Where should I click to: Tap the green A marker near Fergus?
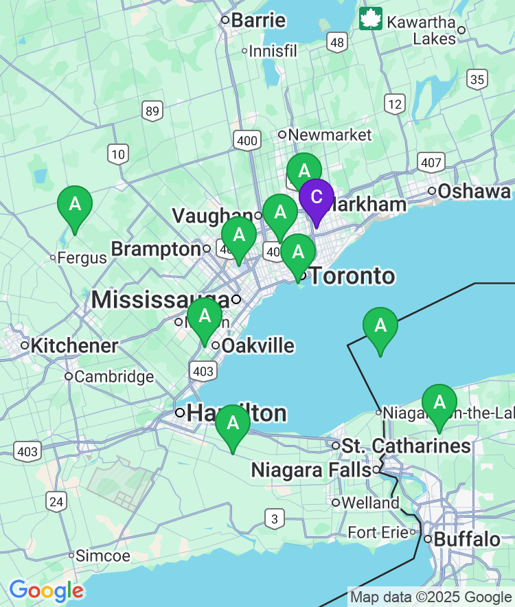[x=74, y=205]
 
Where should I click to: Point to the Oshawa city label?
[x=474, y=191]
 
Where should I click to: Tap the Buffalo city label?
[x=467, y=539]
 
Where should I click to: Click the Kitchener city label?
[x=74, y=345]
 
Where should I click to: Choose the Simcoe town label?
[x=102, y=556]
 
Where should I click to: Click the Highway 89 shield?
[x=152, y=111]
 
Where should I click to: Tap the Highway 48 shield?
[x=336, y=43]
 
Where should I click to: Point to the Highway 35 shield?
[x=477, y=79]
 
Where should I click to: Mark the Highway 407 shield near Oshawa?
[x=430, y=163]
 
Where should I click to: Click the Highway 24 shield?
[x=57, y=502]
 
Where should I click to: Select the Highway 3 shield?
[x=275, y=519]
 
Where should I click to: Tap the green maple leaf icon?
[x=371, y=19]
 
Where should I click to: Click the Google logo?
[x=46, y=591]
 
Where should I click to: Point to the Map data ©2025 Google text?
[x=431, y=597]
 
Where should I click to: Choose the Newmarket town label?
[x=330, y=135]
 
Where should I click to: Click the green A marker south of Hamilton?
[x=233, y=424]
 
